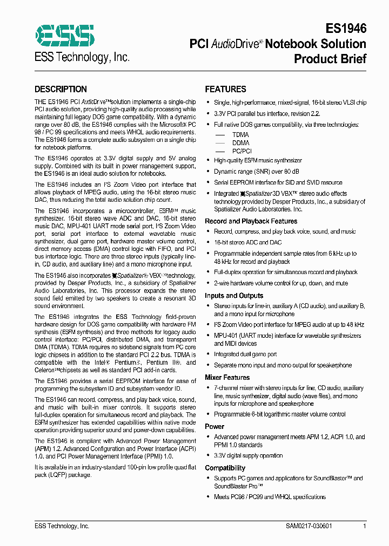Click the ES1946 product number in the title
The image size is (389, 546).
[346, 29]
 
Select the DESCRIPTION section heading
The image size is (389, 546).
[61, 90]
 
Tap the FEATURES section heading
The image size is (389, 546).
[225, 90]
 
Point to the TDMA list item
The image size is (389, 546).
[240, 134]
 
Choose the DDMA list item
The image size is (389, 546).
[240, 143]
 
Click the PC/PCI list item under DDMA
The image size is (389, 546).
[242, 152]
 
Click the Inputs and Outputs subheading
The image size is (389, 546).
[234, 296]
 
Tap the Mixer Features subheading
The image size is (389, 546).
[227, 378]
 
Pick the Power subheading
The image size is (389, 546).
[214, 426]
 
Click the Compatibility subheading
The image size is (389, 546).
[225, 468]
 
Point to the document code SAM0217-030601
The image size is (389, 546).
[309, 526]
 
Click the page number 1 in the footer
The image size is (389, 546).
[365, 526]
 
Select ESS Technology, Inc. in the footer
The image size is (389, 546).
[62, 526]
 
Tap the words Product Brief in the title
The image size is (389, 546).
[330, 59]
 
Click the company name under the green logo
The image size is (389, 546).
[82, 57]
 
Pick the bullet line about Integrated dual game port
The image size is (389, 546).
[245, 354]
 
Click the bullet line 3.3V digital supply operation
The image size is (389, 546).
[248, 455]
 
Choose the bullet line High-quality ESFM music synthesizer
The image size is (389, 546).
[258, 161]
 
